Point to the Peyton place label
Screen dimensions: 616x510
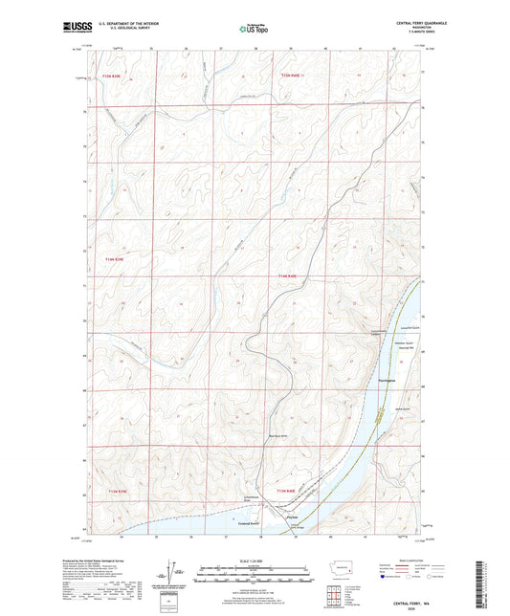[x=293, y=514]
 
